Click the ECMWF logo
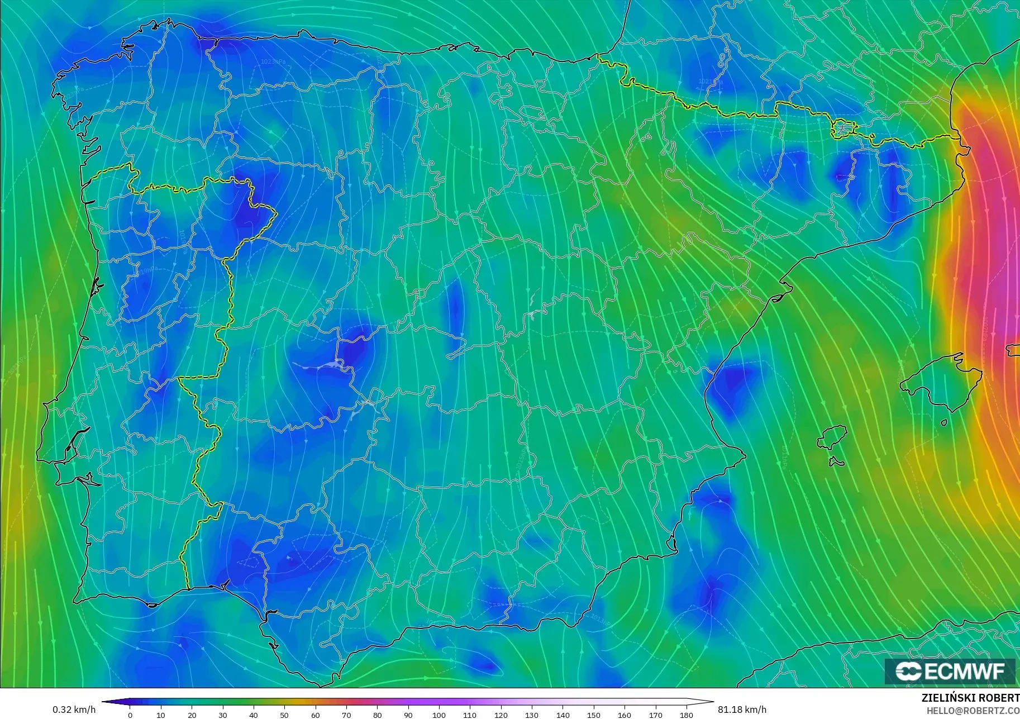click(950, 671)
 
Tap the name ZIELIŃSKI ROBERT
click(970, 698)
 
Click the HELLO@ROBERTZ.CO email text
click(973, 711)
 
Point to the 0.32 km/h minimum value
click(74, 710)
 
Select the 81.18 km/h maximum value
click(742, 710)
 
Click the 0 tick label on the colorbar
click(130, 715)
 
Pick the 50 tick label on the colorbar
click(284, 715)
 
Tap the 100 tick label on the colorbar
click(439, 715)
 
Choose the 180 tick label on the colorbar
click(687, 715)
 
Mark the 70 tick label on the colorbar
click(346, 715)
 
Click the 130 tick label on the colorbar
click(532, 715)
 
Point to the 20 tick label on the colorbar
click(192, 715)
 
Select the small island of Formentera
click(836, 462)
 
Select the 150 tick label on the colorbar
click(594, 715)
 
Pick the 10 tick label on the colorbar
click(161, 715)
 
